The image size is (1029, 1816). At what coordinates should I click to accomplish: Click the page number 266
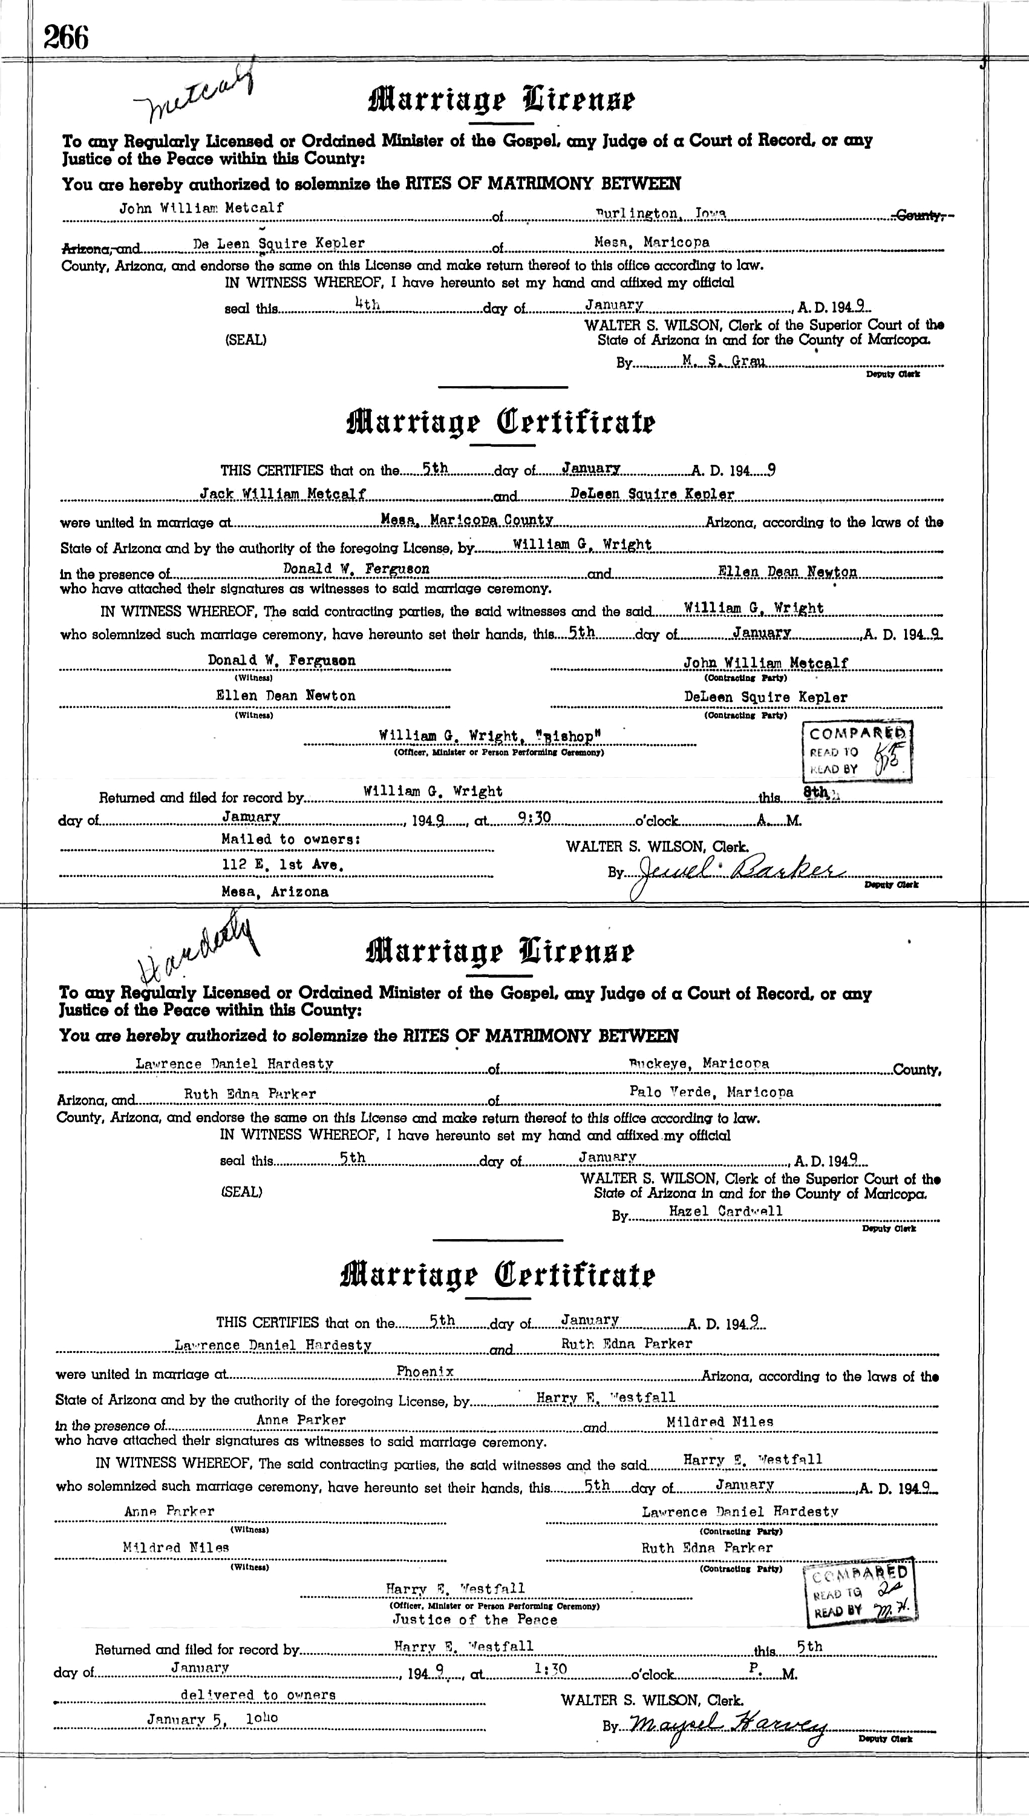pos(66,38)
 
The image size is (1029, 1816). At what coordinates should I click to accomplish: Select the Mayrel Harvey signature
pos(727,1726)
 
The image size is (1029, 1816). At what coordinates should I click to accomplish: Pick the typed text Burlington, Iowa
pos(660,212)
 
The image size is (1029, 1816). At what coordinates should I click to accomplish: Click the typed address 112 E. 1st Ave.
pos(282,864)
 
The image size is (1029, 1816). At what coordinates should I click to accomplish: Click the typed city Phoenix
pos(425,1371)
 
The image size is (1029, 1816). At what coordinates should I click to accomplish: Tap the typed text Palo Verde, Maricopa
pos(711,1091)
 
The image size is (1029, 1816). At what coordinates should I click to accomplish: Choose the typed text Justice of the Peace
pos(475,1619)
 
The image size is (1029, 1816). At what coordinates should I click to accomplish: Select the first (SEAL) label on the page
pos(245,340)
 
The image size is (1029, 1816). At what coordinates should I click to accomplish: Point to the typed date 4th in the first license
pos(368,304)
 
